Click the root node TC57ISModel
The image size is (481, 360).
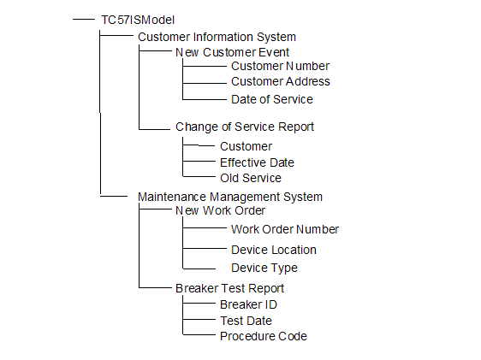[138, 20]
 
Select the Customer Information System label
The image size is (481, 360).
[217, 37]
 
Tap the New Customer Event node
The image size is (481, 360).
[232, 52]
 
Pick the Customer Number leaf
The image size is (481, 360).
[280, 66]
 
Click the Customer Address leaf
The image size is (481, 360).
[281, 81]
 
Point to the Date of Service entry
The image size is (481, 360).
[272, 99]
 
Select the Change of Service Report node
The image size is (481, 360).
[245, 127]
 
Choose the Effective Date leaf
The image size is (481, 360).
[257, 162]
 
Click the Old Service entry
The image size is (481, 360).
[251, 178]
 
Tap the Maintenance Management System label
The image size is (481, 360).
[230, 197]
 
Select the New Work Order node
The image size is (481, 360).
[220, 211]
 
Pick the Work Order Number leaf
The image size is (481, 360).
[285, 229]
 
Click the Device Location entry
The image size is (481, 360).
[274, 250]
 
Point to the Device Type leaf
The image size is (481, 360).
[264, 269]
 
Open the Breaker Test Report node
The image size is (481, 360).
[229, 289]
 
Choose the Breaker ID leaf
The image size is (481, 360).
[248, 305]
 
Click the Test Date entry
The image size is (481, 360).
[246, 321]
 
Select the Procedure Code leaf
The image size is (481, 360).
[264, 336]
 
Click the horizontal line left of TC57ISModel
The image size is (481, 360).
[84, 20]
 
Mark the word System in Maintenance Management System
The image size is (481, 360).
[303, 197]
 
